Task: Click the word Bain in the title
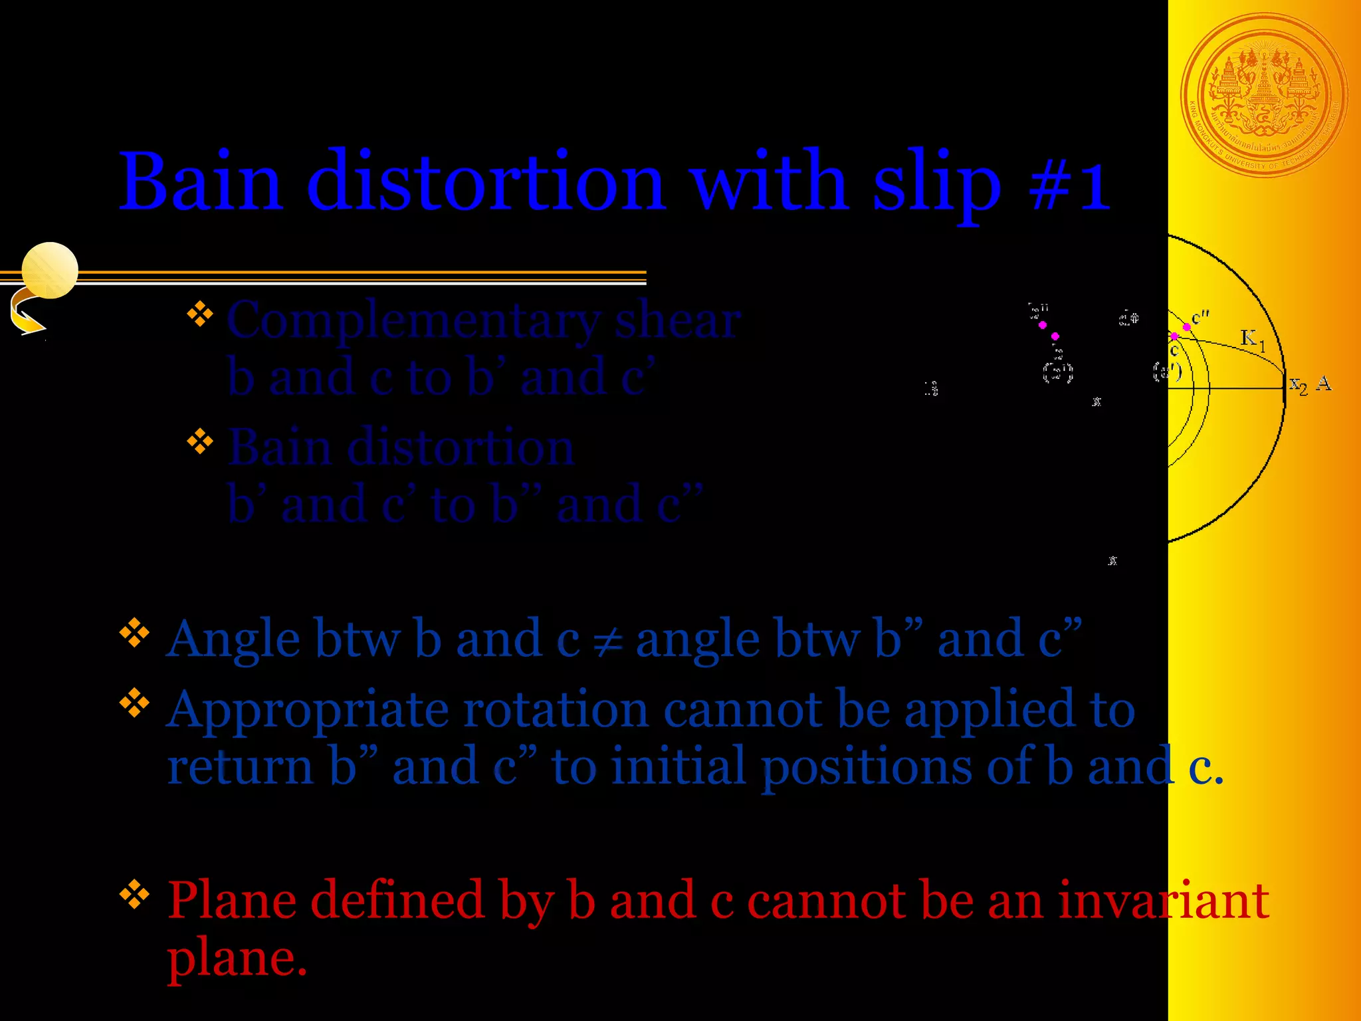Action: click(x=201, y=181)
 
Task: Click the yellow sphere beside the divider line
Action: click(x=50, y=270)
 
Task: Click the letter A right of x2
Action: click(x=1323, y=383)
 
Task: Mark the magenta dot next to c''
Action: click(x=1187, y=326)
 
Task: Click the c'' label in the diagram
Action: click(x=1200, y=318)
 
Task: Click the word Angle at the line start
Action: click(x=233, y=640)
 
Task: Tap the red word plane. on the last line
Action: click(x=237, y=959)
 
